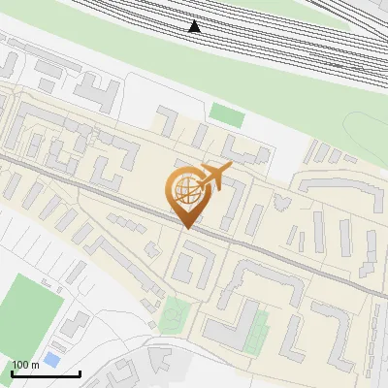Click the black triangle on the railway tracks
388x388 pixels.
tap(195, 26)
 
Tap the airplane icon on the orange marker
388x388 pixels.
tap(213, 178)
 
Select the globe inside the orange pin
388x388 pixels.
tap(187, 190)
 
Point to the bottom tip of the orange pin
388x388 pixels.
tap(187, 228)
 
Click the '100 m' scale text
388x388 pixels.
tap(25, 365)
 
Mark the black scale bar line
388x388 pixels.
tap(46, 373)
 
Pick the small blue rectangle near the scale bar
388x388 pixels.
tap(50, 360)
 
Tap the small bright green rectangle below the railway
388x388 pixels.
tap(228, 113)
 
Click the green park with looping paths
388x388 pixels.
tap(176, 313)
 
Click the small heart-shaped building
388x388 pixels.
tap(282, 203)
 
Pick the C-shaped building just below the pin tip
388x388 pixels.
tap(195, 261)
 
